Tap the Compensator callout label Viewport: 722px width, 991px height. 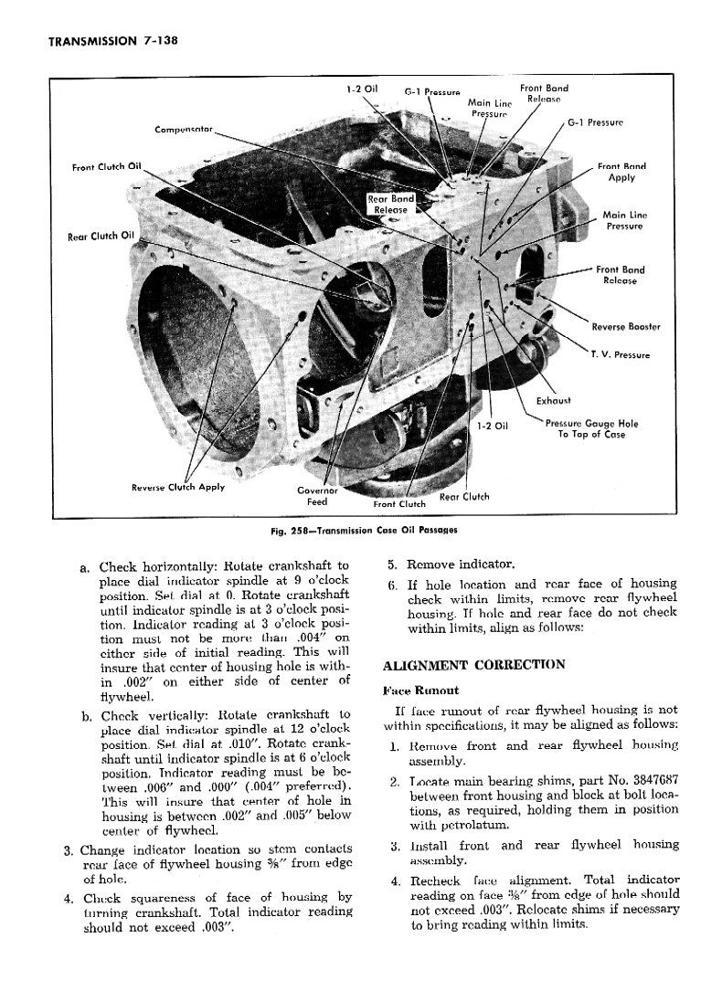point(184,129)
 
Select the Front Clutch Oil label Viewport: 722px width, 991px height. point(107,166)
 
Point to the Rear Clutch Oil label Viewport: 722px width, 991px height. point(101,237)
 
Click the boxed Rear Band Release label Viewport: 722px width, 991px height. point(390,204)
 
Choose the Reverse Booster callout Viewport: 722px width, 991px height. point(626,327)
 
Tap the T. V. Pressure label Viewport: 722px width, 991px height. point(619,354)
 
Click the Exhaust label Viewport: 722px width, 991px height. point(553,400)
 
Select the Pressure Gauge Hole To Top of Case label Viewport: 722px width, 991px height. point(591,428)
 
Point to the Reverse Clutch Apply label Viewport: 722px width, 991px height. point(178,486)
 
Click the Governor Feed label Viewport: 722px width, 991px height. point(317,496)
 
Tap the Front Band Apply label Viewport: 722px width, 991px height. point(621,172)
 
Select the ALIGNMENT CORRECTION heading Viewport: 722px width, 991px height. point(473,664)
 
